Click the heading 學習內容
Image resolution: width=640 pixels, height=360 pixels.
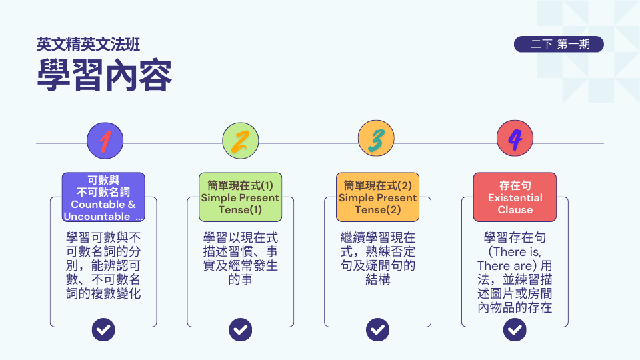click(x=104, y=75)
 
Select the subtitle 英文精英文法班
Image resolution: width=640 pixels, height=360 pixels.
click(x=88, y=45)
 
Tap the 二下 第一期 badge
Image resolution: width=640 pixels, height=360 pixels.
click(x=559, y=45)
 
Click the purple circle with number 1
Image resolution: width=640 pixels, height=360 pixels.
click(x=105, y=140)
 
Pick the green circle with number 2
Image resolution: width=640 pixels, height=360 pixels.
click(x=241, y=140)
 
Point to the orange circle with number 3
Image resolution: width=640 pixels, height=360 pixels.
click(x=377, y=140)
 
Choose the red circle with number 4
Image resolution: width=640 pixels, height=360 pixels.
click(x=515, y=140)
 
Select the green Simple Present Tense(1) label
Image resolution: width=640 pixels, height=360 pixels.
click(x=240, y=197)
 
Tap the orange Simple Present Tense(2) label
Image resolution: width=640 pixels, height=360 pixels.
click(x=377, y=197)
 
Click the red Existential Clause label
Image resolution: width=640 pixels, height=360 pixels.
click(x=515, y=197)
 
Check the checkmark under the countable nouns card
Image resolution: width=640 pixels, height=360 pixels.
click(x=103, y=329)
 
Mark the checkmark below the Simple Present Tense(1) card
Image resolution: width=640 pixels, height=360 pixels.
click(x=241, y=329)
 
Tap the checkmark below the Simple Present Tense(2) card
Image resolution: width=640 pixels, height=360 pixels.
click(x=378, y=329)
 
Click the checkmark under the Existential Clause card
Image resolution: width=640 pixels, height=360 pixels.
click(x=515, y=329)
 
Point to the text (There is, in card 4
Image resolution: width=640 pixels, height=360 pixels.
click(x=515, y=252)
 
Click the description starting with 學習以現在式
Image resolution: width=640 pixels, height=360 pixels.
click(x=241, y=258)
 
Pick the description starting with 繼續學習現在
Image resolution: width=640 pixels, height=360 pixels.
click(x=378, y=258)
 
